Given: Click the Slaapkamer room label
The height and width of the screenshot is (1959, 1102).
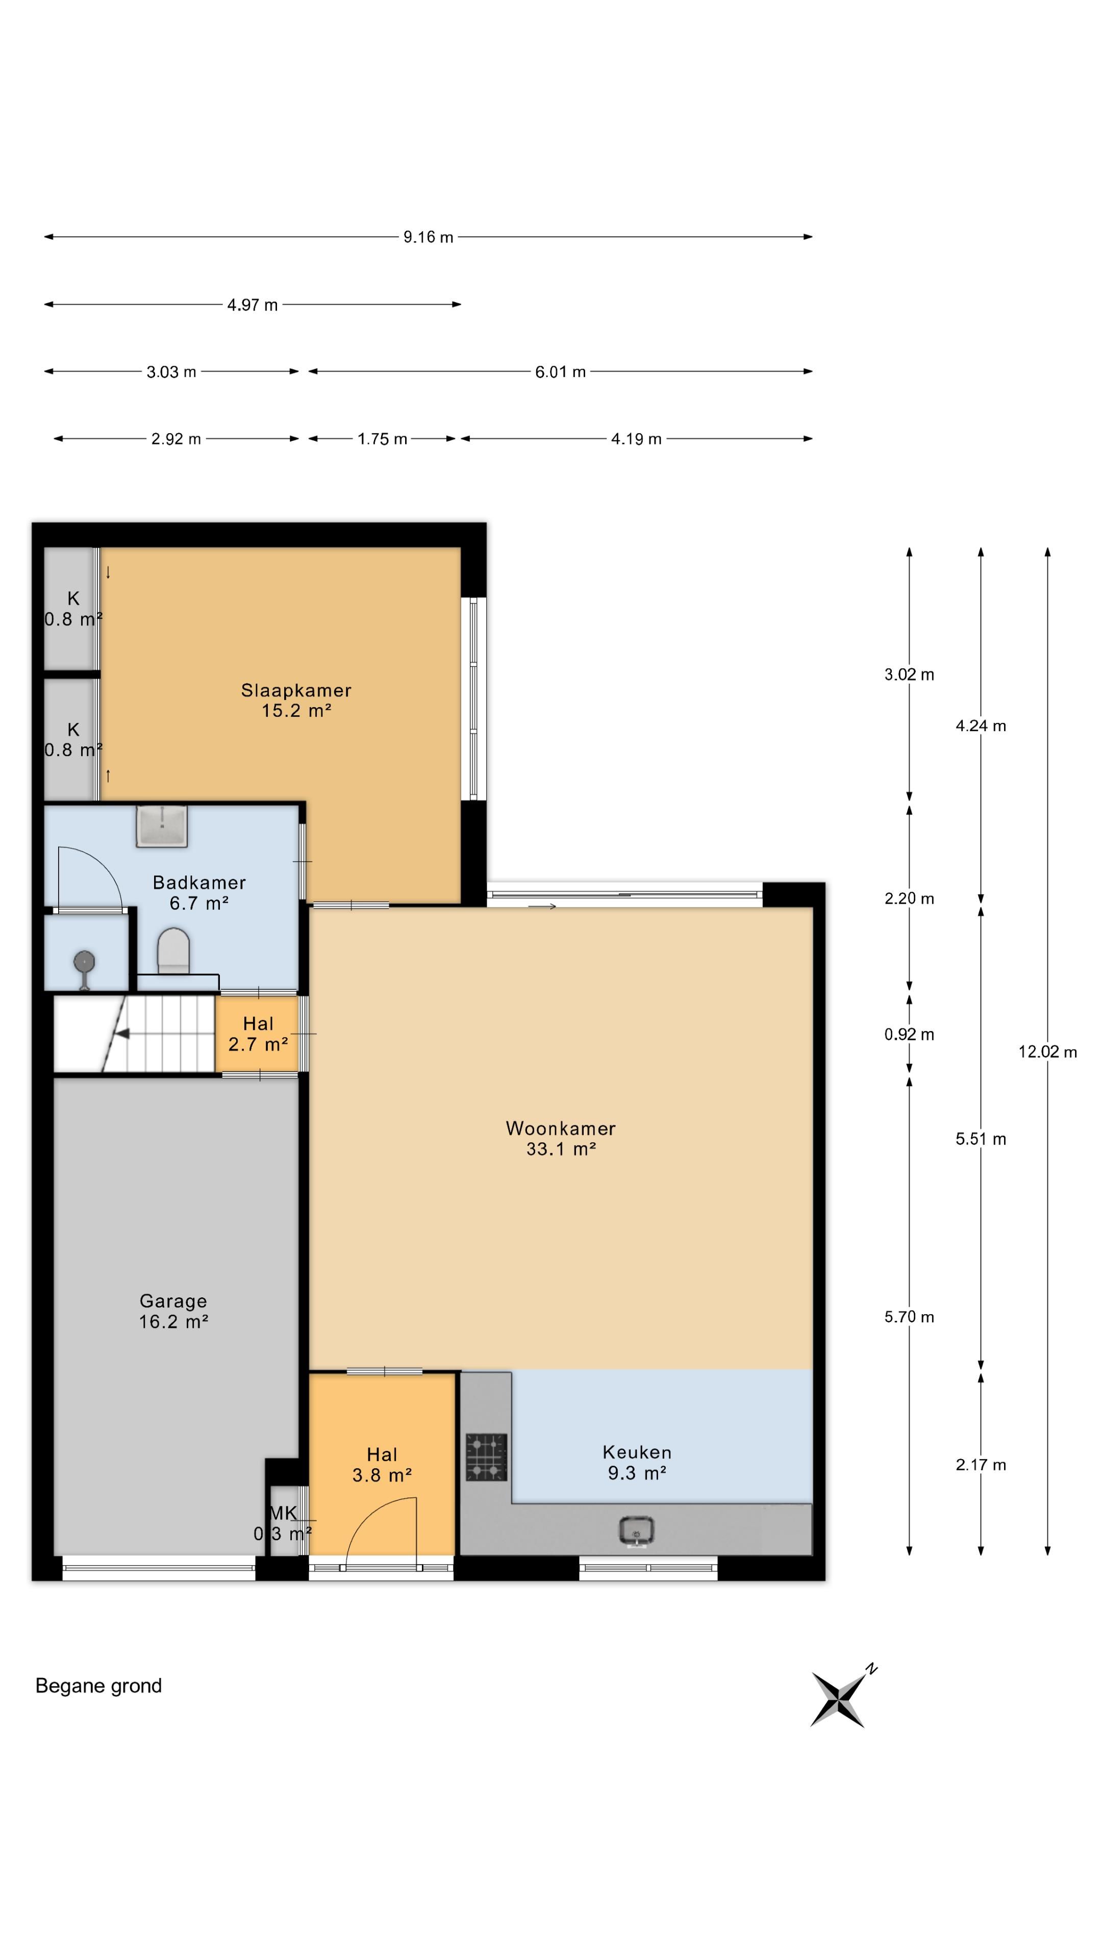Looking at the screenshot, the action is pos(296,700).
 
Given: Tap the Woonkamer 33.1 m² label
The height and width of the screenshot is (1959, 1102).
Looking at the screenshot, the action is pos(561,1139).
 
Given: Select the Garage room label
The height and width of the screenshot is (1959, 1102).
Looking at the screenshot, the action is pos(173,1311).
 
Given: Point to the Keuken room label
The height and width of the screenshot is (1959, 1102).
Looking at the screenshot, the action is pos(637,1463).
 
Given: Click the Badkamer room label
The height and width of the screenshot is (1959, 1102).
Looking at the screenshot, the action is pos(199,893).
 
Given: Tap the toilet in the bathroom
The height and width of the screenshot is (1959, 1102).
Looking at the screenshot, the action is pos(173,950).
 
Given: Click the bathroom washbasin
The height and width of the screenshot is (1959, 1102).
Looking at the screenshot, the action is pos(162,826).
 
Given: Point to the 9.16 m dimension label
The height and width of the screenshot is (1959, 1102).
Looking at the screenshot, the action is pos(428,237).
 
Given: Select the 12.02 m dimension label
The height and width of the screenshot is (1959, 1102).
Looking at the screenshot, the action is pos(1047,1052).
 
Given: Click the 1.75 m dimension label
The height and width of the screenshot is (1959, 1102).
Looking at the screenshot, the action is pos(383,439).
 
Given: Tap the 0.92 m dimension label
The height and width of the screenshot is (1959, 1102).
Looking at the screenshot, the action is pos(909,1034).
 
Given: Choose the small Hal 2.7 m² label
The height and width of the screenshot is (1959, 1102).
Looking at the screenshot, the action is pos(258,1034).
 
